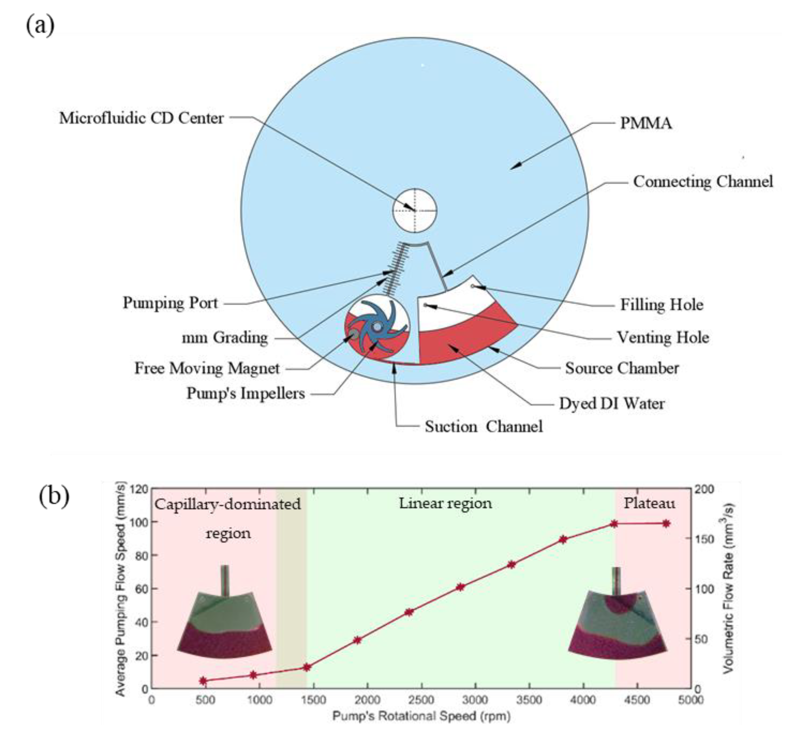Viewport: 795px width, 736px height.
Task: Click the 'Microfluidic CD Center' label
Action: tap(141, 118)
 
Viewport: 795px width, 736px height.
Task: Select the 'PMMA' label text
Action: tap(646, 123)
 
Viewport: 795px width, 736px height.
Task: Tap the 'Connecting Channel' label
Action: tap(703, 182)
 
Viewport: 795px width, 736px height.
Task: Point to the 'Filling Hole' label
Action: tap(662, 305)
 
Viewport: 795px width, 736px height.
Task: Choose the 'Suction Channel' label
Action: tap(483, 427)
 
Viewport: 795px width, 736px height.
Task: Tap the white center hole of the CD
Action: tap(414, 210)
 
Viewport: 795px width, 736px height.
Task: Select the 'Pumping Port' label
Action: tap(170, 303)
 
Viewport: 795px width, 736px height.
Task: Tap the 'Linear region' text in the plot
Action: tap(445, 503)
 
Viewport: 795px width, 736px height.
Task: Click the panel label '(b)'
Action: tap(54, 497)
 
